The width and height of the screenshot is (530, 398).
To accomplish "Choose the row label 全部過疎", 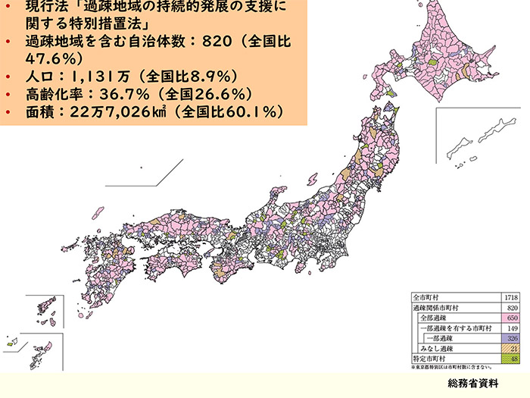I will click(434, 318).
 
